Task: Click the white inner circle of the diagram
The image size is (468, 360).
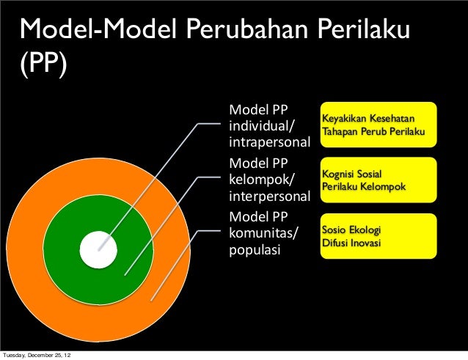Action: [98, 249]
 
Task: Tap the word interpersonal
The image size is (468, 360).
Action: [271, 196]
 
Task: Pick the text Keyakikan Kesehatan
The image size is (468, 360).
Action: [368, 119]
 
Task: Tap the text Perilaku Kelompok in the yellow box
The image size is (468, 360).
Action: [364, 187]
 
